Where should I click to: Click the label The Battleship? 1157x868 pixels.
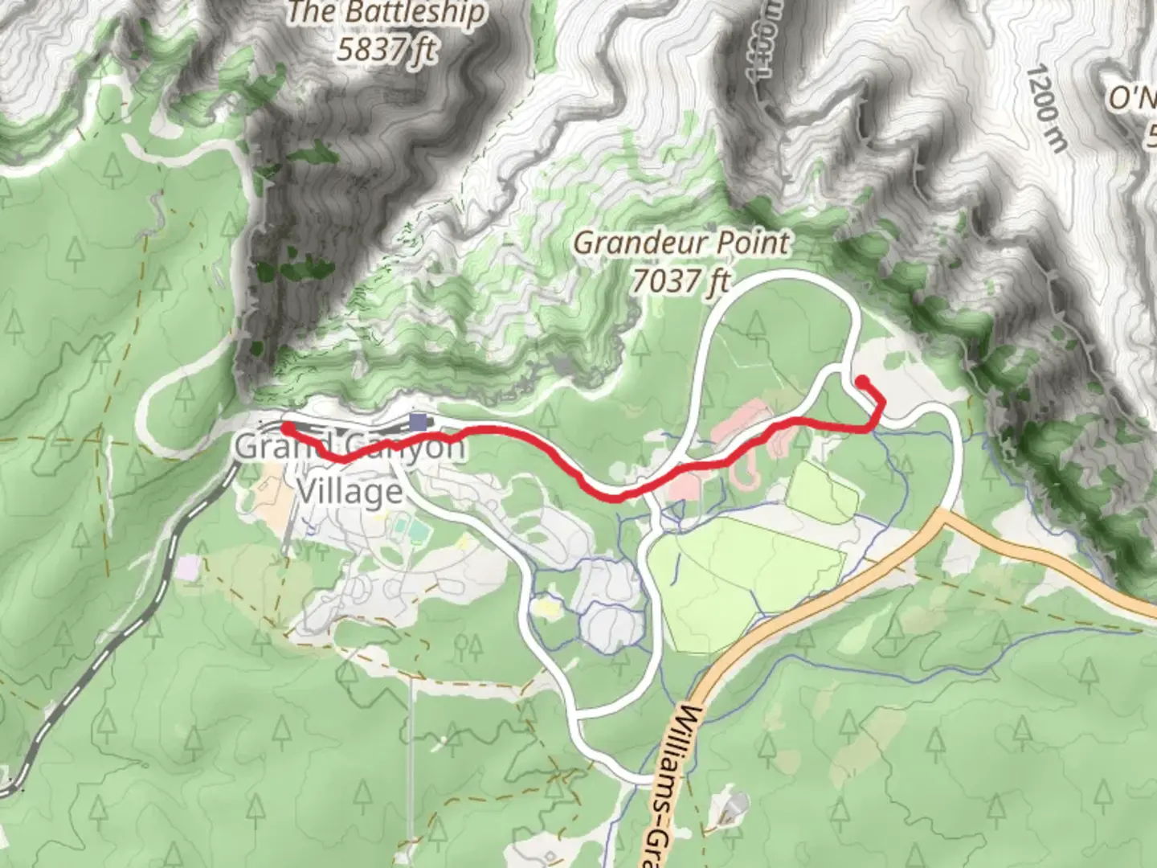point(386,13)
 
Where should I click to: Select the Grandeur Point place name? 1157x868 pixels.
point(681,243)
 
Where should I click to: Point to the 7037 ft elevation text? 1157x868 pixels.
point(680,280)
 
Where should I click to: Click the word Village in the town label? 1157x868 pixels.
point(349,490)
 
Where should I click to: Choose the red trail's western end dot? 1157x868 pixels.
point(285,428)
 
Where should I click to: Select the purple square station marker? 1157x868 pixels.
point(418,421)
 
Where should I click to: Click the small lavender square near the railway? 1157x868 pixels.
point(187,568)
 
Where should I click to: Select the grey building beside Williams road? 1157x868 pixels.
point(733,806)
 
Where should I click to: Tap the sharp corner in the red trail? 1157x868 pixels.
point(882,400)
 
